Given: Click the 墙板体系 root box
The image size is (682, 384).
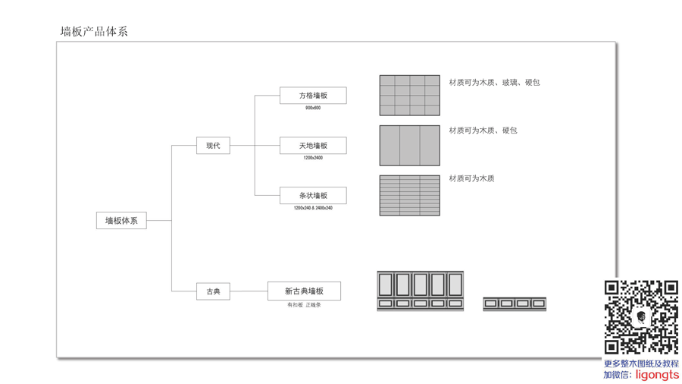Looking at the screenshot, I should coord(121,221).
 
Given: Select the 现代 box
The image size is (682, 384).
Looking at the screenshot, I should coord(213,146).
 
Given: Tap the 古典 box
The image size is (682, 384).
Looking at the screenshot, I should coord(213,291).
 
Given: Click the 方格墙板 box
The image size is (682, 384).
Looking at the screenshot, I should coord(313,96).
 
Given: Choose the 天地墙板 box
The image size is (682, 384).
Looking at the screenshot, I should coord(313,146).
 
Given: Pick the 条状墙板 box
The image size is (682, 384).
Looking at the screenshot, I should coord(313,196).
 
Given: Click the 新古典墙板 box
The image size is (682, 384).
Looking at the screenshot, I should coord(304,291).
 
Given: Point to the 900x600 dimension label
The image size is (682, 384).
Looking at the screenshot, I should coord(313,108).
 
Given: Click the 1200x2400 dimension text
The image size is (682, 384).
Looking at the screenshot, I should coord(313,158).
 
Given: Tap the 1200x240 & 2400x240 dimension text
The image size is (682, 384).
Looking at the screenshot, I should coord(313,208).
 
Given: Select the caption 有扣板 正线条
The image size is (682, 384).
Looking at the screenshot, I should coord(304,305).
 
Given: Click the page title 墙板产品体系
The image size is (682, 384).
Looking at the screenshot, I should coord(94,31).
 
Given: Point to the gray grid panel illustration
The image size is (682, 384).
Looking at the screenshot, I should coord(409,95).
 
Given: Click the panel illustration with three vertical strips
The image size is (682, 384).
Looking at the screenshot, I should coord(409,145).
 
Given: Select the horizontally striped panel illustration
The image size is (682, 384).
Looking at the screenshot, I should coord(409,195).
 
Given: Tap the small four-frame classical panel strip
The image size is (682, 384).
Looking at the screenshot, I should coord(515,304).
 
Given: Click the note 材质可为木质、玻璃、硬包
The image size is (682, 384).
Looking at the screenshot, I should coord(494,82).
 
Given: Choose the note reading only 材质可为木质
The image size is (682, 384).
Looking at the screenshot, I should coord(471,178).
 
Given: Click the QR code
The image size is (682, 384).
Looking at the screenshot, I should coord(640,317).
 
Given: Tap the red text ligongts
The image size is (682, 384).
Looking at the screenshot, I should coord(657,375).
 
